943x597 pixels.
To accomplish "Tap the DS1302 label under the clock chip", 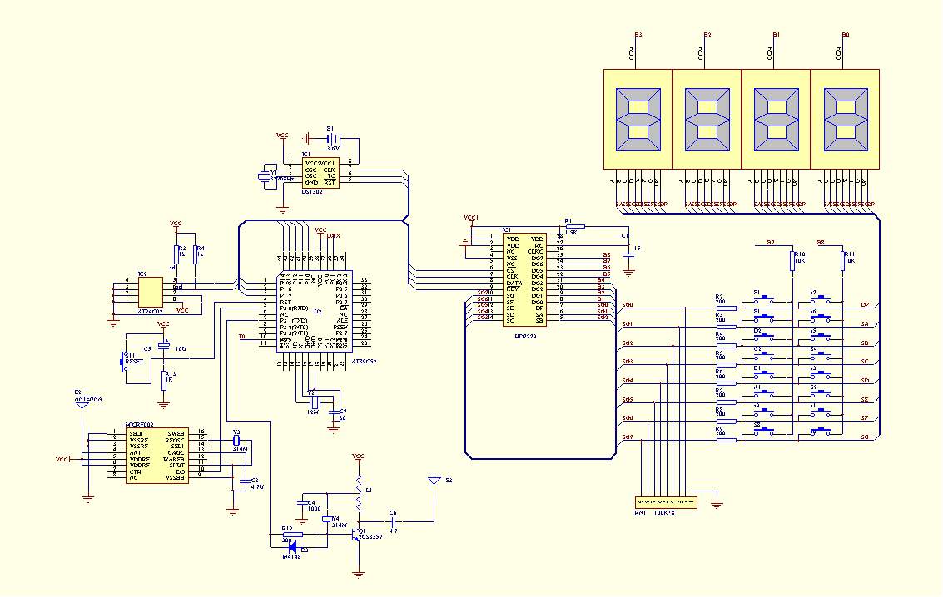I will (x=313, y=191).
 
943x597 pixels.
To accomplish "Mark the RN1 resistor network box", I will (x=667, y=503).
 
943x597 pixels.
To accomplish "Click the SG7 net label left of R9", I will (x=627, y=437).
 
